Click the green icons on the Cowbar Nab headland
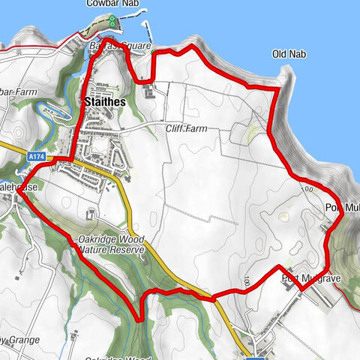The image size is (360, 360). tap(112, 20)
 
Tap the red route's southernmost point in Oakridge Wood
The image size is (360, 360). tap(139, 319)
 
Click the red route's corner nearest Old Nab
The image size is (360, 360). tap(277, 89)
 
